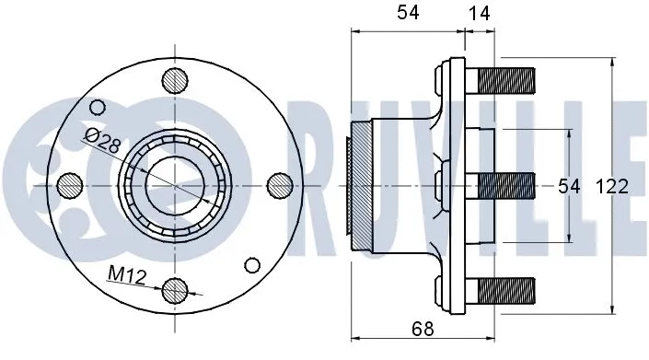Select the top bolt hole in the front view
tap(172, 80)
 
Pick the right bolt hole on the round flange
tap(277, 185)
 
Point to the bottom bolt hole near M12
tap(173, 291)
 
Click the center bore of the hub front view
tap(172, 185)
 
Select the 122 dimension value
tap(612, 186)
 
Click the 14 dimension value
tap(479, 14)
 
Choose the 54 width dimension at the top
tap(407, 14)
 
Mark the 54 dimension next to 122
tap(570, 186)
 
